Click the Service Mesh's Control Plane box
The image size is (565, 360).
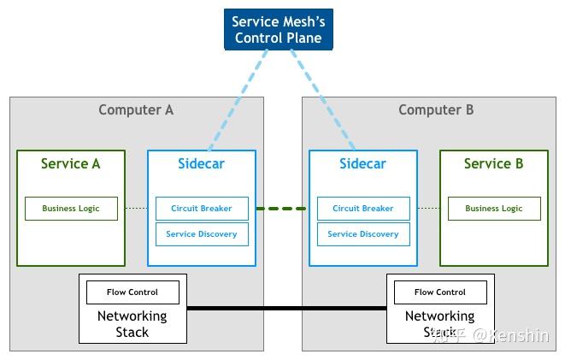point(279,30)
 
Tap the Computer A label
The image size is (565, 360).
point(136,110)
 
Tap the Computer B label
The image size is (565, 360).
point(436,110)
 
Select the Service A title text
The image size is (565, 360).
point(71,164)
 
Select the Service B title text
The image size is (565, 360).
point(493,164)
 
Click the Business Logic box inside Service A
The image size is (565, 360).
point(71,209)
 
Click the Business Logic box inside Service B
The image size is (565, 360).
point(493,209)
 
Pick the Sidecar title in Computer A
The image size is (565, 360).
point(201,164)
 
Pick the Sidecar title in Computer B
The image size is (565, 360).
point(362,164)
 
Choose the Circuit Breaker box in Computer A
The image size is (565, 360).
point(201,209)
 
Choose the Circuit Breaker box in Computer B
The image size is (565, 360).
point(362,209)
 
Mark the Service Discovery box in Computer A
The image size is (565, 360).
point(201,234)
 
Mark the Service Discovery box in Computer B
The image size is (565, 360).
point(362,234)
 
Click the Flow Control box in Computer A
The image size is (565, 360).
point(132,292)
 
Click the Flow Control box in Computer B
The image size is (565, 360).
point(440,292)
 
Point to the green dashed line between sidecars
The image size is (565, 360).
point(281,209)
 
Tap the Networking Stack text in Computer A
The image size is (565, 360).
point(132,323)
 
